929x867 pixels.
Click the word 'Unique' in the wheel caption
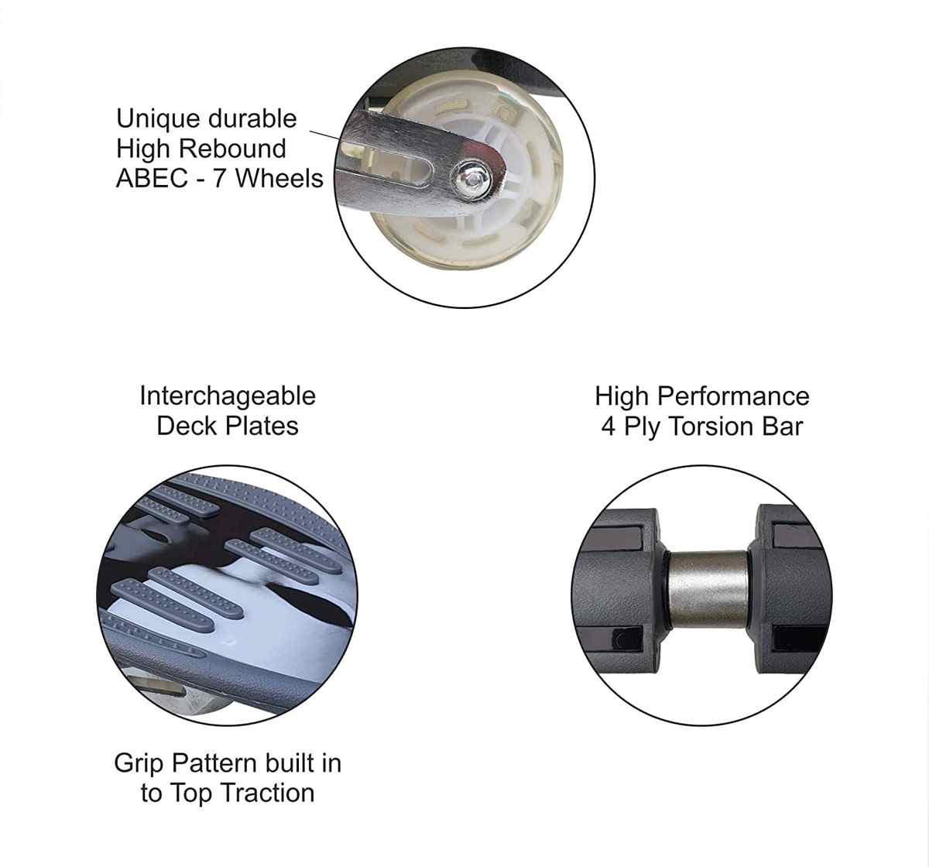point(157,120)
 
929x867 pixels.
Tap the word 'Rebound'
point(232,149)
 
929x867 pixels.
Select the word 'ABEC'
point(152,179)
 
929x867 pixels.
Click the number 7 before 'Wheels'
point(219,179)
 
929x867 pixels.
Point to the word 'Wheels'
point(279,179)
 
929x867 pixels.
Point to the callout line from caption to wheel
point(325,135)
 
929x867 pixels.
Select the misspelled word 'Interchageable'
point(228,396)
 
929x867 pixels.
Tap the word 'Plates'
point(262,427)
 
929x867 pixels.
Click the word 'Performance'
point(733,397)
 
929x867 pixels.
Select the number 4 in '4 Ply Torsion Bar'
point(608,427)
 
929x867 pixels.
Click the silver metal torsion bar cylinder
point(708,590)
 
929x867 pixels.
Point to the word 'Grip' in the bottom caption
point(139,765)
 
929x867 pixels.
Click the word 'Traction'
point(267,793)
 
